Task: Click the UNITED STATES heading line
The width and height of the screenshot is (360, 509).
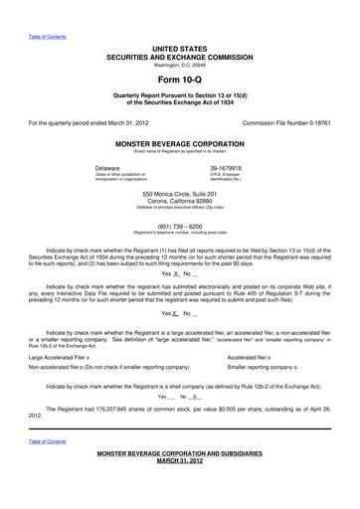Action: [x=179, y=48]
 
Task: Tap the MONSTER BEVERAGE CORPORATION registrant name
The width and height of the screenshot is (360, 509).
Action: [x=179, y=144]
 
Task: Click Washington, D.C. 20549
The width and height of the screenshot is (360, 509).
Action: [x=179, y=65]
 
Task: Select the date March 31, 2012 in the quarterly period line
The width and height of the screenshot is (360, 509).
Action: [x=131, y=123]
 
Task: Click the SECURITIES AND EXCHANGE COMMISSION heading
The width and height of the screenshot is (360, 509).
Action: [x=179, y=56]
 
